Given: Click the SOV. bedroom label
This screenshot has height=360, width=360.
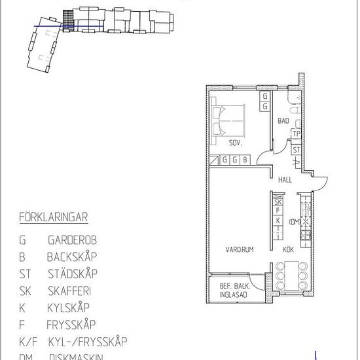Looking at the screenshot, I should pos(236,143).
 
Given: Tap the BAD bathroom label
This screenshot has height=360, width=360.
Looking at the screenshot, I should pos(283,121).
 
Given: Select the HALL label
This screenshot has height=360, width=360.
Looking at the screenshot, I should pos(285,179).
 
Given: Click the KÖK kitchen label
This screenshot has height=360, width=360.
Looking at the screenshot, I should pos(288,249).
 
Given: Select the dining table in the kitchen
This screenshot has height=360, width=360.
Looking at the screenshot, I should pos(290,276).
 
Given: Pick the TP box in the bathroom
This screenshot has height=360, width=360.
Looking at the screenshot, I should pos(296,134).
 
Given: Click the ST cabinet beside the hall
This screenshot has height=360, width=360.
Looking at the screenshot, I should pos(296,150).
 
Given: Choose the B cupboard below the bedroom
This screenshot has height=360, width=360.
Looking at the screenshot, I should pos(245,159).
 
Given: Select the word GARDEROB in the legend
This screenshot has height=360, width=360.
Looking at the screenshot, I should pos(69,240).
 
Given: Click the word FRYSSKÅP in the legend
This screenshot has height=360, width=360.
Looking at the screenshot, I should pos(71,324).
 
